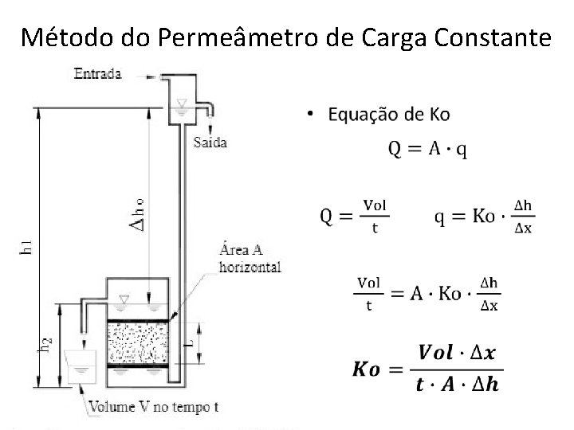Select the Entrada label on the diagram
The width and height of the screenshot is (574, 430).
pos(97,74)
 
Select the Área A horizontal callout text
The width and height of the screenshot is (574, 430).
pos(250,260)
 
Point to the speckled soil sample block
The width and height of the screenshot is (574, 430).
pos(137,343)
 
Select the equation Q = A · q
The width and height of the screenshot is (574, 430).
pos(428,148)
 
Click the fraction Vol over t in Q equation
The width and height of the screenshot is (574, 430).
pos(374,215)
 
